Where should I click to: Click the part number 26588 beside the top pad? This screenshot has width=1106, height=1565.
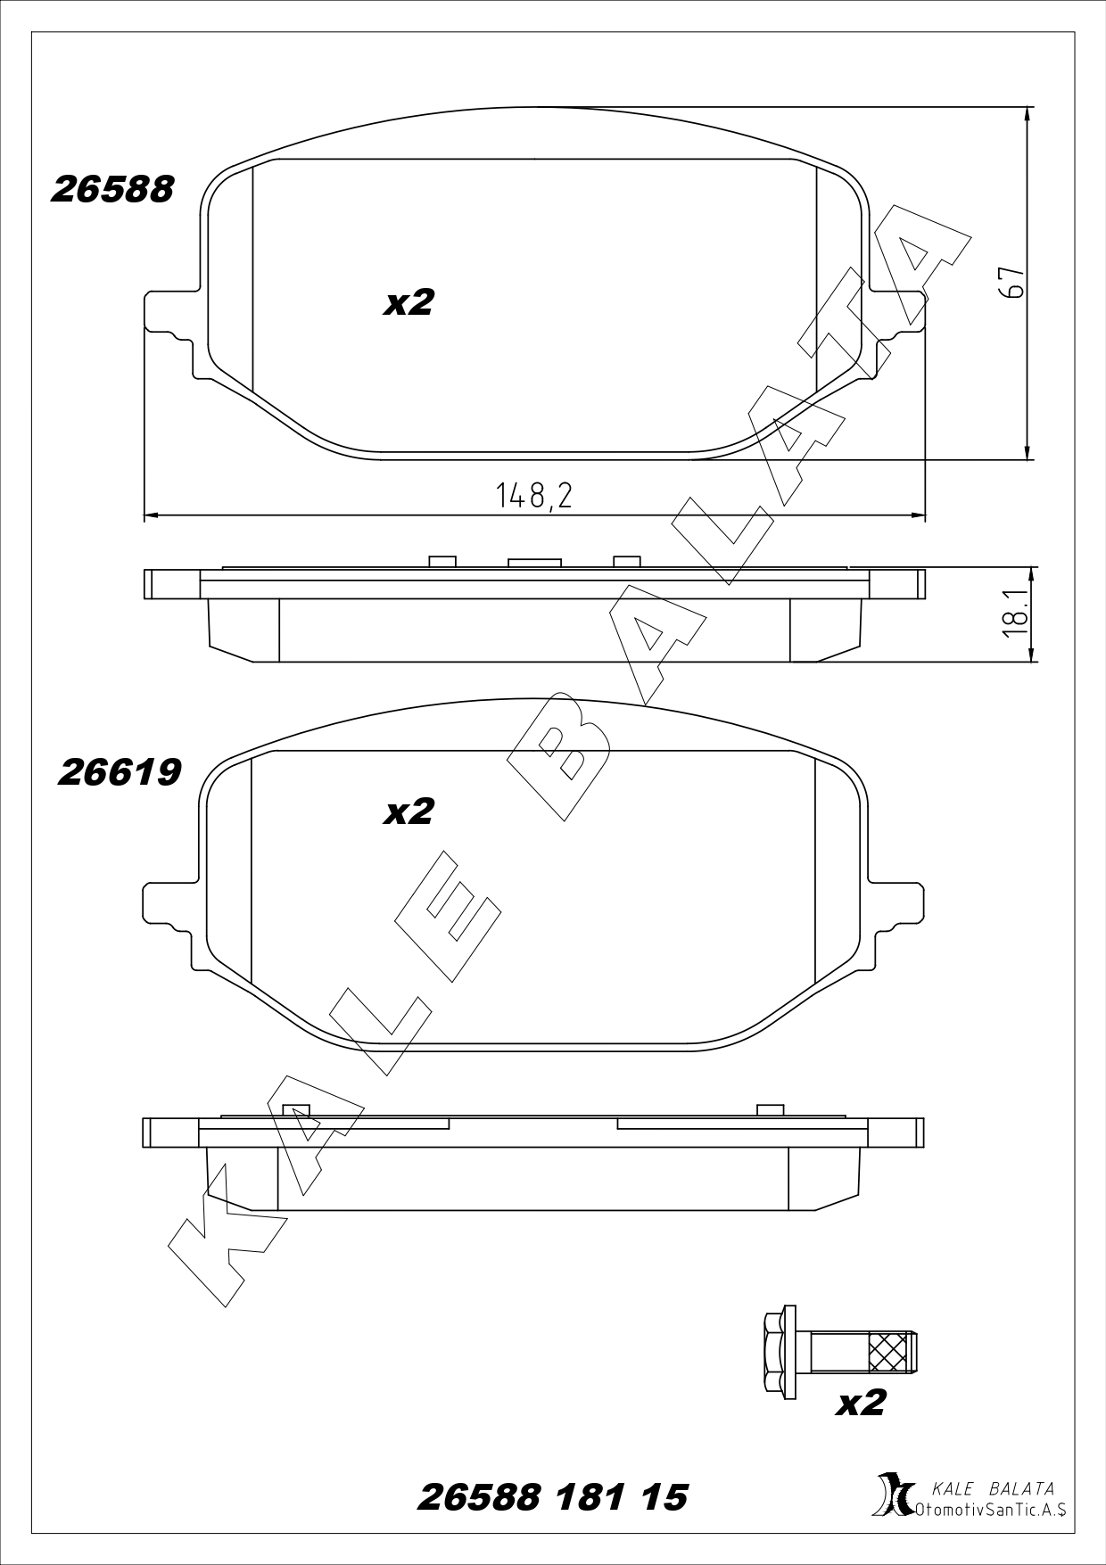112,189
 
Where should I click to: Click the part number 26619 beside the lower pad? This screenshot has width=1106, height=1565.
119,772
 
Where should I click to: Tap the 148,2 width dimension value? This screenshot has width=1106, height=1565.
534,495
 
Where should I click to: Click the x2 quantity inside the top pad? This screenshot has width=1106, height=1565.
409,303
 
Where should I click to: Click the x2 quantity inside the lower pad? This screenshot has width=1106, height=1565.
409,811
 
